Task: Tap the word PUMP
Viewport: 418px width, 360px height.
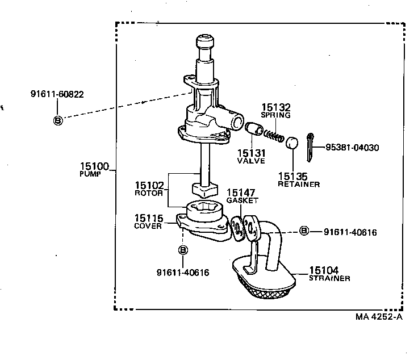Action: click(90, 174)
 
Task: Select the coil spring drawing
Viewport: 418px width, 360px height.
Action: click(274, 135)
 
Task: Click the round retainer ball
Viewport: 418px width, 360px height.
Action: click(292, 143)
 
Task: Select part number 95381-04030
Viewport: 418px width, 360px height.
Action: click(352, 148)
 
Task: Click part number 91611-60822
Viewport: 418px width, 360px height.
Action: click(57, 94)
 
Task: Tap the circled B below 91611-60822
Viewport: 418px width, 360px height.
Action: click(57, 120)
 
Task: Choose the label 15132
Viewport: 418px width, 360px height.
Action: click(275, 107)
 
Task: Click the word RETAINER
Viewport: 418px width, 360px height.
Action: click(298, 184)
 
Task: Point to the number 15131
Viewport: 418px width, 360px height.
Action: click(250, 153)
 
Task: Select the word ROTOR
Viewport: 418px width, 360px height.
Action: click(149, 193)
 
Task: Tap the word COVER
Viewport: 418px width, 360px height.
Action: click(148, 225)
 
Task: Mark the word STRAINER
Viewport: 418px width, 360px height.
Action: click(329, 278)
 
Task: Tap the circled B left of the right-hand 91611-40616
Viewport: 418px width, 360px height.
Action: click(304, 231)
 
